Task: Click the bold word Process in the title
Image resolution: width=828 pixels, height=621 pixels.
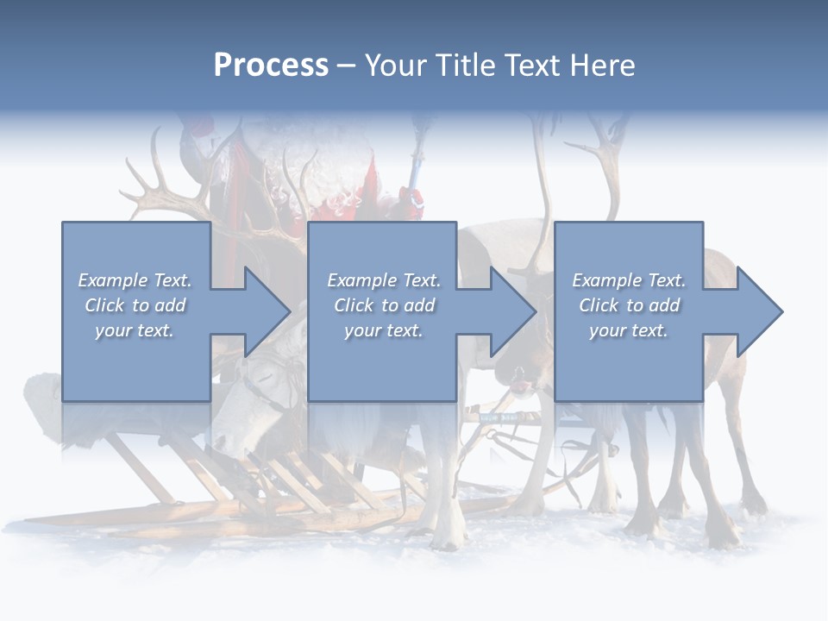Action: [271, 66]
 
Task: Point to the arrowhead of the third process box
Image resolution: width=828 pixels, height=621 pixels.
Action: [759, 311]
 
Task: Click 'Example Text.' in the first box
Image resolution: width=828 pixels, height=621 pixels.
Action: [135, 280]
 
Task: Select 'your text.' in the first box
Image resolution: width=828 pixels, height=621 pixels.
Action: [135, 330]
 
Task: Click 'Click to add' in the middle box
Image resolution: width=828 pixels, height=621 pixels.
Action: [384, 305]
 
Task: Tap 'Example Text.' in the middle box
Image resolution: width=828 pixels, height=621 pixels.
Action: [384, 280]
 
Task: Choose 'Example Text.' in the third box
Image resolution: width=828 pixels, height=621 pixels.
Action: [629, 280]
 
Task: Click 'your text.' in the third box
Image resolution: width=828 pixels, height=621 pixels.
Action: [629, 330]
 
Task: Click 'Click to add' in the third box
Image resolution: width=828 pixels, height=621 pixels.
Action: [629, 305]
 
